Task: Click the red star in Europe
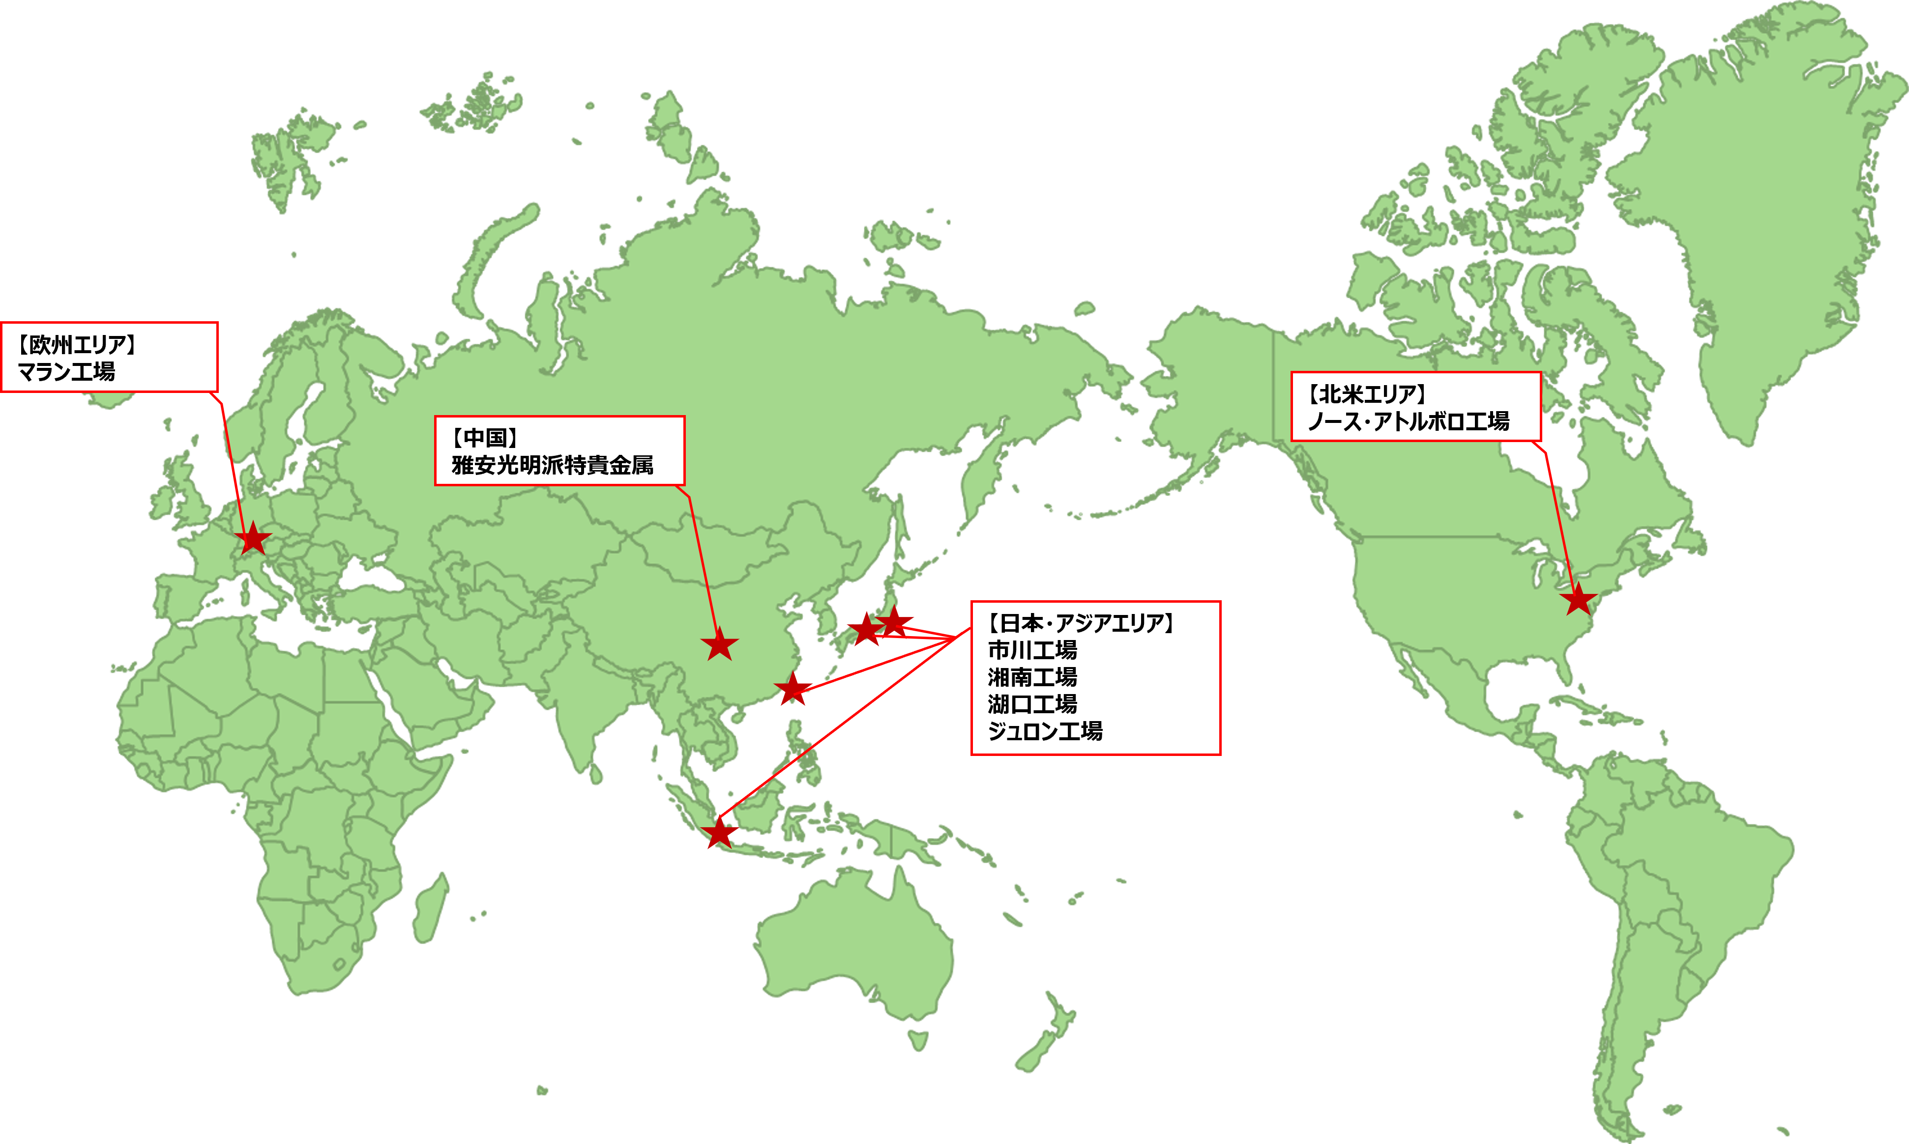[253, 539]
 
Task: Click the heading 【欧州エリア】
[77, 345]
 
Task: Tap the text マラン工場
[66, 371]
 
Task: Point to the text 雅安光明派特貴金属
[552, 465]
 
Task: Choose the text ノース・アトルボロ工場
[1409, 421]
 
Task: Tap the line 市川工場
[1032, 650]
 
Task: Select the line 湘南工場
[1032, 677]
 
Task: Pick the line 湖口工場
[1032, 704]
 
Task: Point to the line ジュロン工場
[1045, 731]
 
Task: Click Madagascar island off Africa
[430, 910]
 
